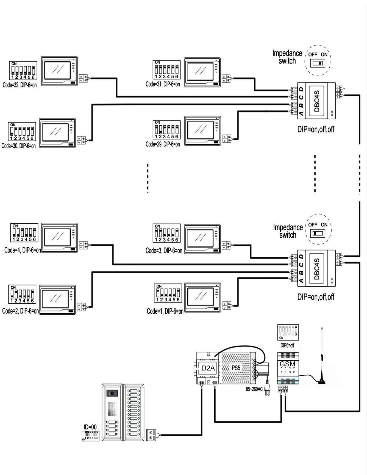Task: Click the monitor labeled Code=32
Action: point(59,71)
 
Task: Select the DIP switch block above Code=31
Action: point(166,70)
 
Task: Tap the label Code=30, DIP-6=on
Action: point(19,146)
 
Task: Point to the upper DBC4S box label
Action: point(317,101)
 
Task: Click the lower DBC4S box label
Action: point(317,268)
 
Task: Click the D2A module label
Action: point(208,368)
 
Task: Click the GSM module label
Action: point(287,364)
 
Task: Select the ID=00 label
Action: point(90,427)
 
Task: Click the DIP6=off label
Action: point(287,345)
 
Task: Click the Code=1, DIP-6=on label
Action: point(165,311)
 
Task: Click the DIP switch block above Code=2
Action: point(22,294)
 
